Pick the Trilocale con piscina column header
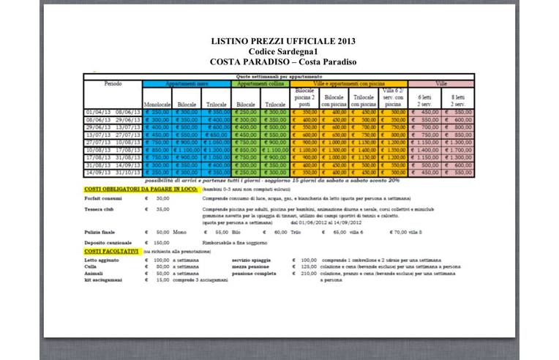coord(364,100)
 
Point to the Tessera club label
coord(100,209)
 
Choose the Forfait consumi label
coord(103,198)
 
